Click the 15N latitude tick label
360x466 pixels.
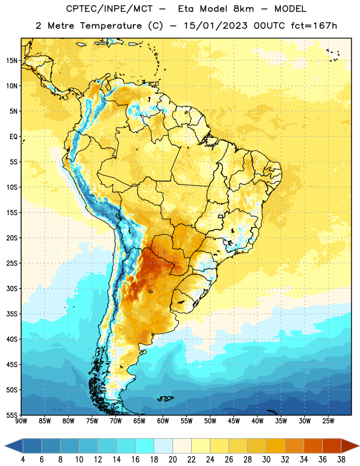(12, 61)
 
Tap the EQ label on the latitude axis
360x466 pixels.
(13, 137)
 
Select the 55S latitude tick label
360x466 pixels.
(12, 415)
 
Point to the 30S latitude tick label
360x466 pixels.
(12, 288)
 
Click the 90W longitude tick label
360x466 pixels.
(21, 421)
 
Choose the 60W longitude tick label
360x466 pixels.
(163, 421)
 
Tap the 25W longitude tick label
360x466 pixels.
(328, 421)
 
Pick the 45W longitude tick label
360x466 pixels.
(234, 421)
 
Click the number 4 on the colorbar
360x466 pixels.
(23, 460)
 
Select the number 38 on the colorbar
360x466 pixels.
(341, 460)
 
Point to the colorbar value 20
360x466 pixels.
(172, 460)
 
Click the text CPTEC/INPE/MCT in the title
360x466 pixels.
(110, 9)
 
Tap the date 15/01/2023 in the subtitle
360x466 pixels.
(216, 26)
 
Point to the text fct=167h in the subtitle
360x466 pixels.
(314, 26)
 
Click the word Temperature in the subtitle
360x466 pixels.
(111, 26)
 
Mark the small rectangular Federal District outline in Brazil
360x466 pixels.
(221, 216)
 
